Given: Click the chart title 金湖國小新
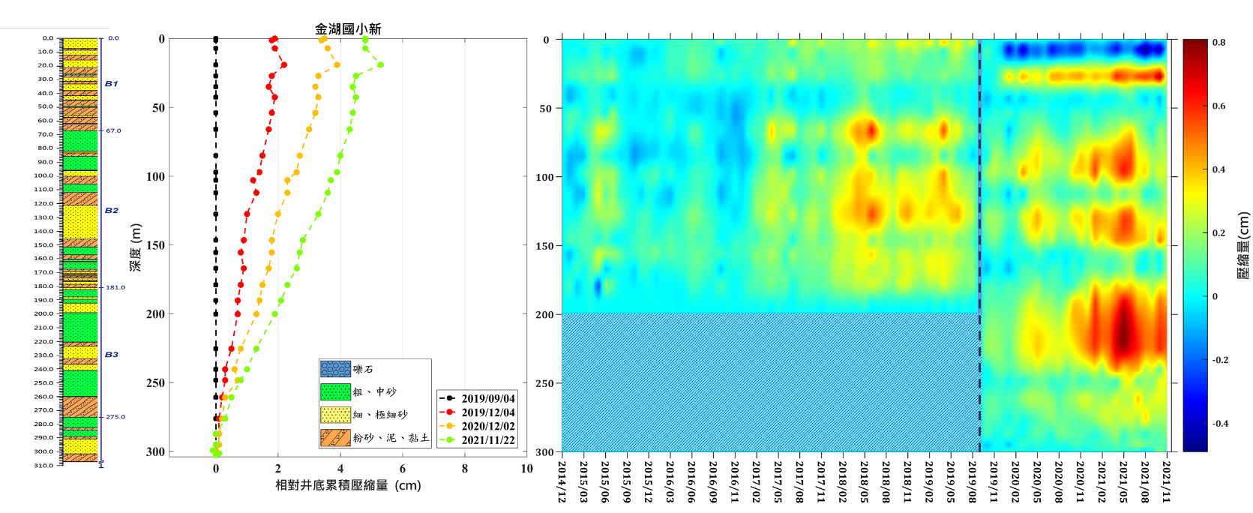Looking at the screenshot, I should (x=348, y=29).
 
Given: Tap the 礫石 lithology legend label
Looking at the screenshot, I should (x=363, y=370).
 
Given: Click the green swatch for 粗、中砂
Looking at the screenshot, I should (x=335, y=391).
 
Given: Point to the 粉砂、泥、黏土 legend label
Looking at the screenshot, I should (x=391, y=437).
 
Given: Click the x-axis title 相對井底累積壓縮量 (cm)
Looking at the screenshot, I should (x=348, y=485).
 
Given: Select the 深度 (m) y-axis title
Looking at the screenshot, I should (x=136, y=247).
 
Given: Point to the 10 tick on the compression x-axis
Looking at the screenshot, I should (x=526, y=469).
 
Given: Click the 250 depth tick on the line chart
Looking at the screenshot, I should (x=155, y=383).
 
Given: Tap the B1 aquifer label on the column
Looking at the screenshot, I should (x=111, y=84).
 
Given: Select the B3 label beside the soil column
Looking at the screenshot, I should (x=111, y=355).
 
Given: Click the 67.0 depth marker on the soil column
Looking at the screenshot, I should (x=113, y=130).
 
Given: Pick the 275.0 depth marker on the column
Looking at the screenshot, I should (x=115, y=417).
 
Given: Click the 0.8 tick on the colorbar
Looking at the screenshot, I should (x=1219, y=43).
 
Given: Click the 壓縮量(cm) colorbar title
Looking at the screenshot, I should (x=1243, y=245).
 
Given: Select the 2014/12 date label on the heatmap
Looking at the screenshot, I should (x=562, y=480).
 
